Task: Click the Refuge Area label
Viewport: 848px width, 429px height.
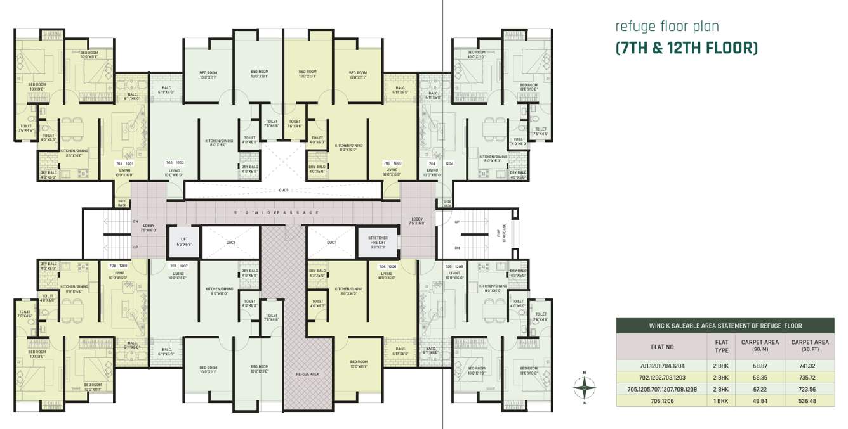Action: [307, 374]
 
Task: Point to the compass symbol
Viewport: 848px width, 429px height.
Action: [585, 386]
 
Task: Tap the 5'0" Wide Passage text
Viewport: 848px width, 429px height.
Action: [275, 212]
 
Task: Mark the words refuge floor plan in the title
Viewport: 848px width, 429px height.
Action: [666, 27]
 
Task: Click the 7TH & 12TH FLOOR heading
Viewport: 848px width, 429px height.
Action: [686, 48]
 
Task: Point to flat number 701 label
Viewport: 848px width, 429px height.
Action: [118, 163]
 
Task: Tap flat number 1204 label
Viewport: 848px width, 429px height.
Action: [449, 163]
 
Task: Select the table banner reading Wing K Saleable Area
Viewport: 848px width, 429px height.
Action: [725, 326]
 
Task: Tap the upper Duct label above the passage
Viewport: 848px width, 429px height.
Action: [283, 190]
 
